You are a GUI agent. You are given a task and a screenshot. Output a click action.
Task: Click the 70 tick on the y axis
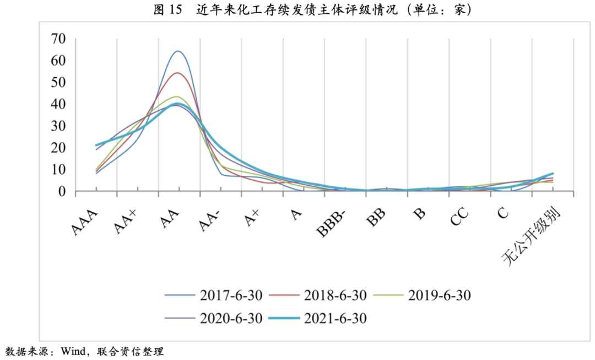click(x=58, y=39)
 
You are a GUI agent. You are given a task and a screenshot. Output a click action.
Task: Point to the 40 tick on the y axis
click(x=58, y=104)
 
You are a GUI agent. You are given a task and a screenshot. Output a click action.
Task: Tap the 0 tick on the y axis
click(x=62, y=192)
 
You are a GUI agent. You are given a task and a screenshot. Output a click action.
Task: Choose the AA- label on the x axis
click(x=209, y=221)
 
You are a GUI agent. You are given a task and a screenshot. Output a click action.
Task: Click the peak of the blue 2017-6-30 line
click(x=178, y=51)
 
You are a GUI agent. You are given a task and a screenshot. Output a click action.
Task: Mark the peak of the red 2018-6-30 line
click(x=178, y=73)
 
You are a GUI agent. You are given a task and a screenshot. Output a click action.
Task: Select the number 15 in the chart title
click(x=175, y=10)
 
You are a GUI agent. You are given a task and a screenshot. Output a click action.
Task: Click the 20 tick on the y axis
click(x=58, y=148)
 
